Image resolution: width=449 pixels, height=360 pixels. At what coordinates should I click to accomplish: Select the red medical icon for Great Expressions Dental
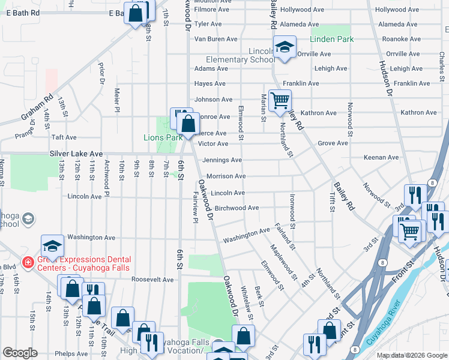point(27,262)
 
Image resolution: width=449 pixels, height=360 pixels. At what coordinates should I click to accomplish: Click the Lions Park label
point(163,137)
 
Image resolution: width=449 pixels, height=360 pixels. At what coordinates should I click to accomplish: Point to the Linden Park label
point(332,39)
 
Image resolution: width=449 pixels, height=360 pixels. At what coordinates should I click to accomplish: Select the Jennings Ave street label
point(222,160)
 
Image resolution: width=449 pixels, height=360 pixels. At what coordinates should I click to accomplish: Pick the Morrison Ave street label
point(227,176)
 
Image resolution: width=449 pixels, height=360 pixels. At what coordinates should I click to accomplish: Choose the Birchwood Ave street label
point(237,208)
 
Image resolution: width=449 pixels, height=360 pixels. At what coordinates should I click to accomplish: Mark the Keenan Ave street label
point(381,158)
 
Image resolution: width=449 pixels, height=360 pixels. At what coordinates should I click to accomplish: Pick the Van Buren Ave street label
point(216,39)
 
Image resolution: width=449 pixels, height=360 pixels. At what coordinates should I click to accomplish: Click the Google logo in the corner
point(20,353)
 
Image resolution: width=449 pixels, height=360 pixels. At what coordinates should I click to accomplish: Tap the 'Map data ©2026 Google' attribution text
point(411,355)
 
